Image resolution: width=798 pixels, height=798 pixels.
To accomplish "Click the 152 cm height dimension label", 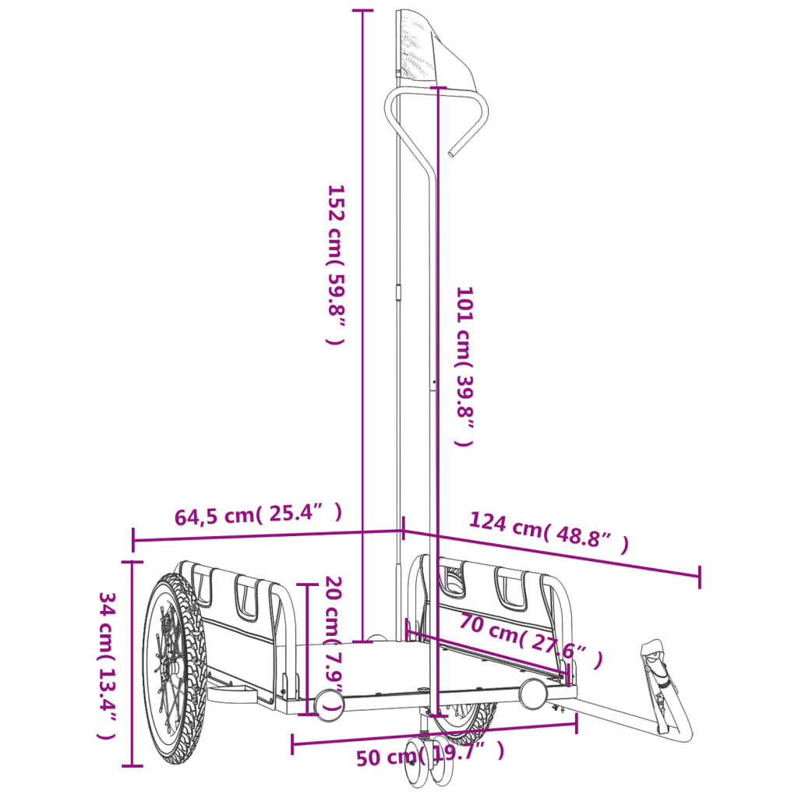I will click(x=335, y=265).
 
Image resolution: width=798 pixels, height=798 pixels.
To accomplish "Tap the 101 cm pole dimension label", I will click(x=464, y=366).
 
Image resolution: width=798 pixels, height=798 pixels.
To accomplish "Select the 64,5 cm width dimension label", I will click(x=258, y=514).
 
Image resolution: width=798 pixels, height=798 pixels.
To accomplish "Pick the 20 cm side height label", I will click(x=334, y=644).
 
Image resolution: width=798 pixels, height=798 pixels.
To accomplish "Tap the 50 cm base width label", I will click(x=429, y=754).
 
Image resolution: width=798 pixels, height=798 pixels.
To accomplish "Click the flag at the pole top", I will click(x=425, y=47).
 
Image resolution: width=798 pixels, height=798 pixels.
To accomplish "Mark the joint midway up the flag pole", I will click(x=398, y=293).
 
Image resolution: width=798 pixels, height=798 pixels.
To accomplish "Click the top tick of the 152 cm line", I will click(x=362, y=11).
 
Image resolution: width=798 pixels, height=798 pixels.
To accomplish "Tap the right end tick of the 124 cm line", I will click(x=699, y=577).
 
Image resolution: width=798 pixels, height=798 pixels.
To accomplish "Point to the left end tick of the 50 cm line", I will click(x=292, y=744).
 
